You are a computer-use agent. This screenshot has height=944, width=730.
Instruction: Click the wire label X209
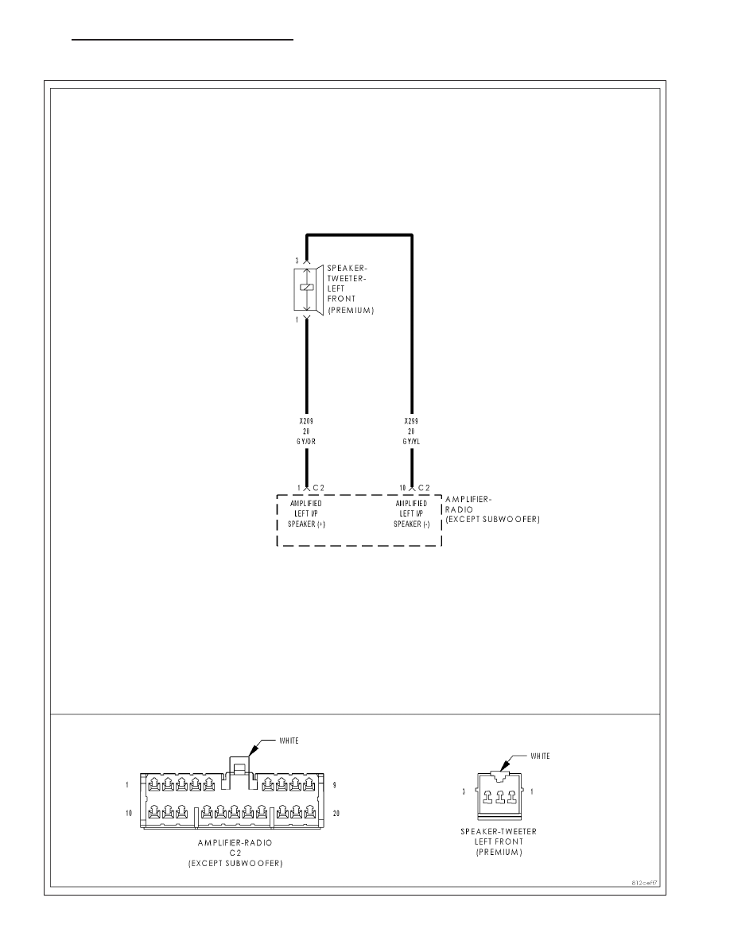[306, 421]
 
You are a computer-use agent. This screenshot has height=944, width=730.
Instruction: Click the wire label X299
[411, 421]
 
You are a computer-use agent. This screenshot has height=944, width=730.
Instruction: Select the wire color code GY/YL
[412, 441]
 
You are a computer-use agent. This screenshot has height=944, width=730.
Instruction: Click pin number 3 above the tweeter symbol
[297, 261]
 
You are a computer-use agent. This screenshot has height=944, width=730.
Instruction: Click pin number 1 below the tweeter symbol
[297, 320]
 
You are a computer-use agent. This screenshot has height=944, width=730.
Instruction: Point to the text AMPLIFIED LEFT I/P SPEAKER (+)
[306, 513]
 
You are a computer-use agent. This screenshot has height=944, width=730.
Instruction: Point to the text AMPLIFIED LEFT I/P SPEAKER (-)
[412, 513]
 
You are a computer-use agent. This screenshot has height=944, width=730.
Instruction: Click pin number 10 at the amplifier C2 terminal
[403, 488]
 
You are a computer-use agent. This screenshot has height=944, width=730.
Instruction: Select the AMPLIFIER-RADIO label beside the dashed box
[468, 504]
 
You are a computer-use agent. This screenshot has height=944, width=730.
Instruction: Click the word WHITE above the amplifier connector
[289, 741]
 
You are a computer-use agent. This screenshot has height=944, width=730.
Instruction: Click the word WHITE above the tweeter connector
[540, 756]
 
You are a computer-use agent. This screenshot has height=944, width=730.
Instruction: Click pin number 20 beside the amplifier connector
[336, 814]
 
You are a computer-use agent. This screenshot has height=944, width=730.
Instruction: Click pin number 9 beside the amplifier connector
[334, 785]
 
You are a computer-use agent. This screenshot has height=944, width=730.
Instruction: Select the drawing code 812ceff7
[644, 883]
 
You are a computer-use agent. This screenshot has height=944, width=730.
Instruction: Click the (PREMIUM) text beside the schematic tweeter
[351, 310]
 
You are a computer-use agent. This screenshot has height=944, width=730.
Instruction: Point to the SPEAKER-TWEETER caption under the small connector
[499, 831]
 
